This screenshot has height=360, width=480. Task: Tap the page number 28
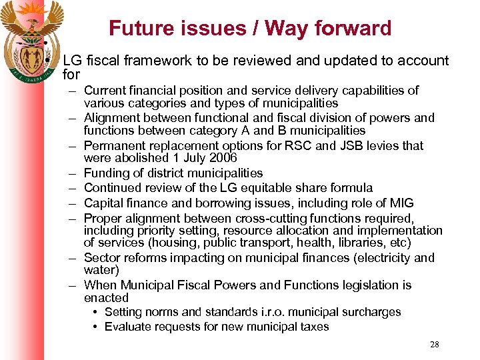(x=435, y=345)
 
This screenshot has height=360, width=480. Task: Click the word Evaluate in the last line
(x=129, y=327)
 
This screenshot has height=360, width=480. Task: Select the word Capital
(x=103, y=203)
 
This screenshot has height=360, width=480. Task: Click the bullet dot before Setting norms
(x=97, y=312)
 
